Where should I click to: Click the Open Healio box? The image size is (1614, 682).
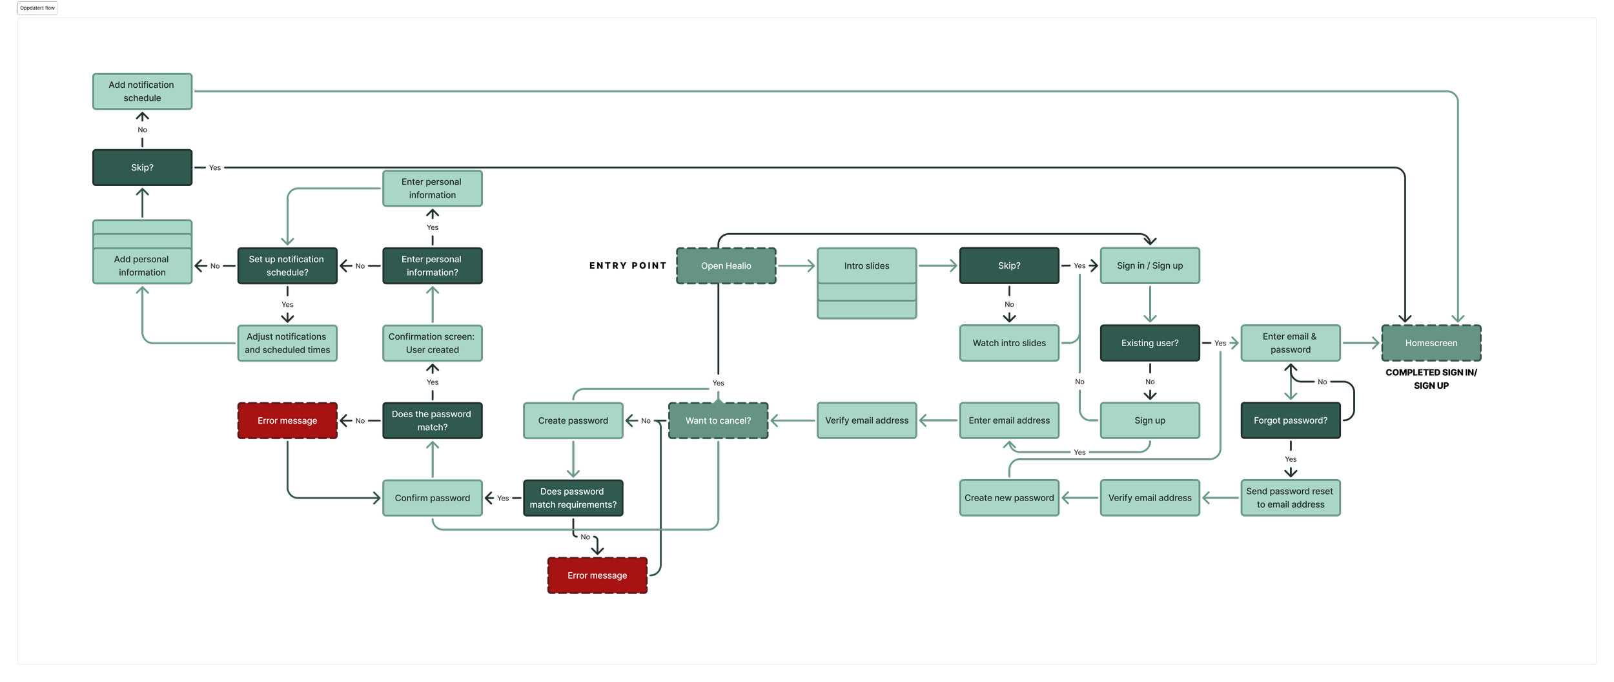point(726,265)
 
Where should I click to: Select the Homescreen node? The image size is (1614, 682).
point(1431,343)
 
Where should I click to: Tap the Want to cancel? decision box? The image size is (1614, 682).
point(718,420)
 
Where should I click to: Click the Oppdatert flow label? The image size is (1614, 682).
point(37,8)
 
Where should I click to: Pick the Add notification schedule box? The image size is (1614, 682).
point(142,91)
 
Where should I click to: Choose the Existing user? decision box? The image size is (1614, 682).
point(1149,343)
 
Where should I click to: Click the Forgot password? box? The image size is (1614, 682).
point(1290,420)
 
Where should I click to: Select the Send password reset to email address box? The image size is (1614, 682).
point(1290,498)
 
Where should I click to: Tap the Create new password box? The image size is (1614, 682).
point(1008,498)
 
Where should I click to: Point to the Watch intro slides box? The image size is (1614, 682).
point(1008,343)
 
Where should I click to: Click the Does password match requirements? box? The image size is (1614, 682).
point(573,498)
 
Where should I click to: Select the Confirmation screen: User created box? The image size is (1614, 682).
point(432,343)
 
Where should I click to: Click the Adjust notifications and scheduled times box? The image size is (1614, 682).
point(287,343)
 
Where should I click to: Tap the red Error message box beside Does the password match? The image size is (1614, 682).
point(287,420)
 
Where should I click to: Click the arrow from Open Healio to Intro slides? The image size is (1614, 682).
point(796,265)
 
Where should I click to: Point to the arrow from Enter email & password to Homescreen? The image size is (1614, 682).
point(1360,343)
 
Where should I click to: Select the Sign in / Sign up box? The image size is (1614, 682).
point(1149,265)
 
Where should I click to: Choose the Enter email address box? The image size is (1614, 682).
point(1008,420)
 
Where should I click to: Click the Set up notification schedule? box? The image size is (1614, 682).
point(287,265)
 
